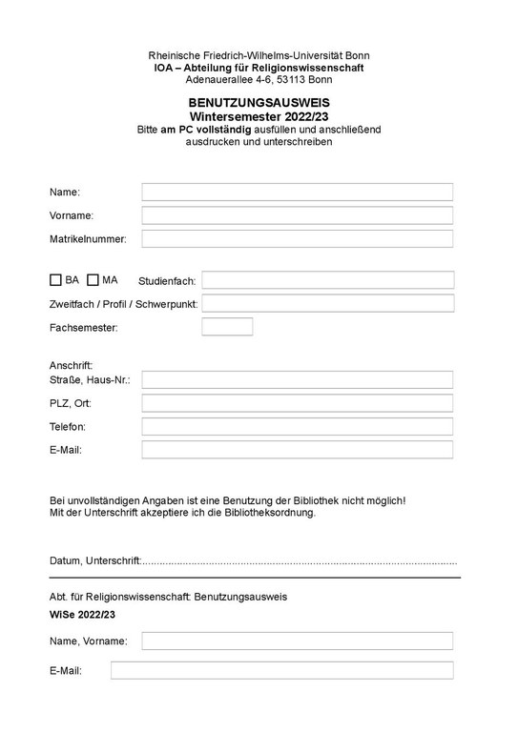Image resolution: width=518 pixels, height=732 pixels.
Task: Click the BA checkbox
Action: [55, 280]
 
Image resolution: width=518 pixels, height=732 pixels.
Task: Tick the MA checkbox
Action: [93, 280]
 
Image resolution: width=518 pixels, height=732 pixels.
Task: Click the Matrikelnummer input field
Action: [297, 238]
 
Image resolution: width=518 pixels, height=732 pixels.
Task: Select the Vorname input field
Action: [297, 215]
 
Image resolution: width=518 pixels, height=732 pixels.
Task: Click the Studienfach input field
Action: [327, 280]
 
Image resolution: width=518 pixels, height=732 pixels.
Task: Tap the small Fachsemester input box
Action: [227, 327]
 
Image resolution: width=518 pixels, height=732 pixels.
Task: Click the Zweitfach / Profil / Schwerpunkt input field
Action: [327, 303]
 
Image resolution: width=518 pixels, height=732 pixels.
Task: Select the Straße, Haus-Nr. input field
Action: [297, 379]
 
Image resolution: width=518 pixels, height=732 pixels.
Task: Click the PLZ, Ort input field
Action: [297, 403]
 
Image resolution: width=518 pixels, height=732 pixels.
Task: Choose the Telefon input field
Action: [297, 426]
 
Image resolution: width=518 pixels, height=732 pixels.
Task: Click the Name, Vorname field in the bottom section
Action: [297, 640]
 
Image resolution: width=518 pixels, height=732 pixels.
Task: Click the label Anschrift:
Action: [71, 365]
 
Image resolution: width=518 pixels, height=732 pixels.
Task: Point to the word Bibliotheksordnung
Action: [270, 512]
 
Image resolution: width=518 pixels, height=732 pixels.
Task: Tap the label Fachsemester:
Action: [83, 328]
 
